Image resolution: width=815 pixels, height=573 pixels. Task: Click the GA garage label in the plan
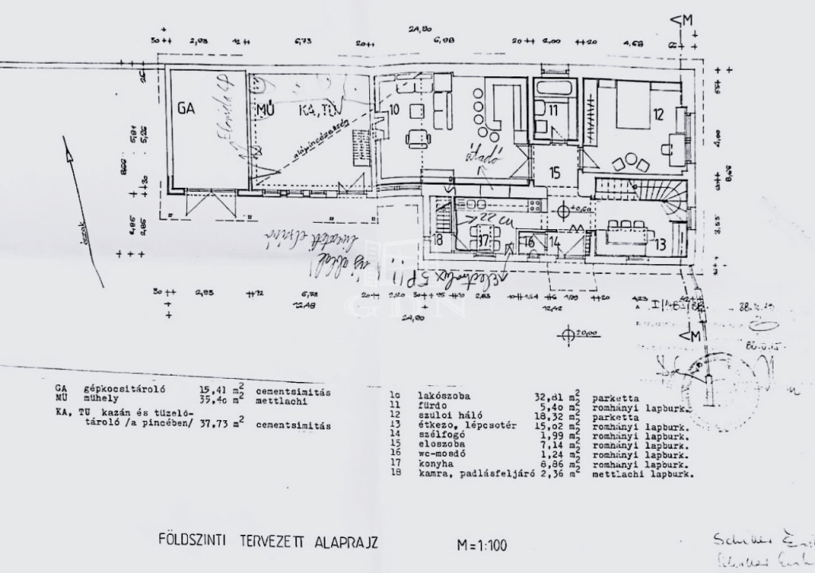(186, 108)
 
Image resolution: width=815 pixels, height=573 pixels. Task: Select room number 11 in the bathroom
(553, 111)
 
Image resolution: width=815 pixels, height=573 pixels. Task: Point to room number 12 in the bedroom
(657, 115)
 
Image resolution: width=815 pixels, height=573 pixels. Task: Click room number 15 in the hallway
(555, 172)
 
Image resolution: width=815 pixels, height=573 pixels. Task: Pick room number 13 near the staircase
(660, 244)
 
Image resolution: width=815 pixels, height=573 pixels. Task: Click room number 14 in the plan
(555, 242)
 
